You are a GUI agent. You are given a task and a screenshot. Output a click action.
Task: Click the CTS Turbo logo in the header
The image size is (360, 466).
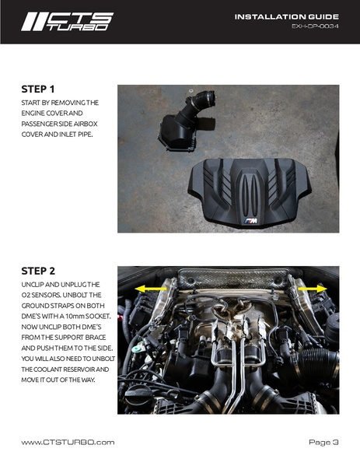coord(67,22)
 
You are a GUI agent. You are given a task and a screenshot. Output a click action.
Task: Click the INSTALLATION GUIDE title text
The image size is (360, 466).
coord(287,16)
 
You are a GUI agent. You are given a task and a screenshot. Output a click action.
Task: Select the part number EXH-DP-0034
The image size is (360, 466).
coord(315,26)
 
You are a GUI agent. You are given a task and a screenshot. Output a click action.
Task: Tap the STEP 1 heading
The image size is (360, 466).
coord(38,89)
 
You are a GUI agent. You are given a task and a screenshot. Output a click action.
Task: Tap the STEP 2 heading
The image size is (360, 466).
coord(38,271)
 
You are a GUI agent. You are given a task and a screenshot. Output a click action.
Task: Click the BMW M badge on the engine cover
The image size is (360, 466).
coord(251,221)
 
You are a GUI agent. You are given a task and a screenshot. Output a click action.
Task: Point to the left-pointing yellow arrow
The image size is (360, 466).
coord(151,289)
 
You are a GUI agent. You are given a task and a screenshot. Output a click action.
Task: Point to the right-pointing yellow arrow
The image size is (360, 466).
coord(312,289)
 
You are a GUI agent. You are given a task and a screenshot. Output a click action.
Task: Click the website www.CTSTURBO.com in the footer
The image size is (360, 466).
coord(68,442)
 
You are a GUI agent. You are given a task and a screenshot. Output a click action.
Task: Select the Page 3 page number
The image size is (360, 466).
coord(323,442)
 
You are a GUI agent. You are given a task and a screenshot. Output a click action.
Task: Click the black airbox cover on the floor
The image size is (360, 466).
coord(177,133)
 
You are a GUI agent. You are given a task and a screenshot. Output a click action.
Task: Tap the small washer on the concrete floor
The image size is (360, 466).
coord(190,89)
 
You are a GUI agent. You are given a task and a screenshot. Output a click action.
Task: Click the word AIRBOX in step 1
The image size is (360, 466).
coord(86,124)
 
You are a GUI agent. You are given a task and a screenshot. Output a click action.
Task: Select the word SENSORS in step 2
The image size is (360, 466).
coord(45,295)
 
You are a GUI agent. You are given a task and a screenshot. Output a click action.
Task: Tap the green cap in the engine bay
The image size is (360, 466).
coord(136,349)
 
